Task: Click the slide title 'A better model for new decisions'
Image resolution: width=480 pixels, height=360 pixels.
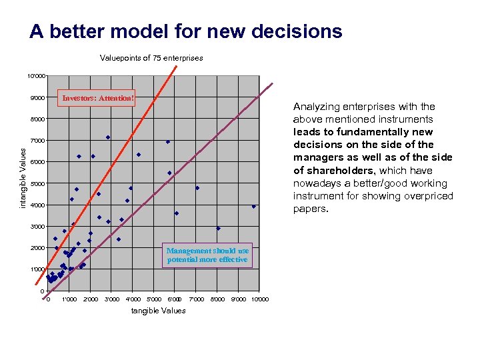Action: pyautogui.click(x=185, y=31)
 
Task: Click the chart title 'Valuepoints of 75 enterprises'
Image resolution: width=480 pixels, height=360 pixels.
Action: pyautogui.click(x=151, y=58)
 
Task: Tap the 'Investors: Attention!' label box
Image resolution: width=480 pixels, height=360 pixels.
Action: pyautogui.click(x=98, y=98)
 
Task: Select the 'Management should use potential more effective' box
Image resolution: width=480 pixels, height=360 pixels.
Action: pyautogui.click(x=208, y=255)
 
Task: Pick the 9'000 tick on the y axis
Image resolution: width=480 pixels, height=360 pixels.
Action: pyautogui.click(x=37, y=98)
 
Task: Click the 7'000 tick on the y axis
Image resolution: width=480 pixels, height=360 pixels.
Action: pyautogui.click(x=37, y=141)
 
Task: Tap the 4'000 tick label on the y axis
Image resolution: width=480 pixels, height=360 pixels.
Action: pyautogui.click(x=37, y=205)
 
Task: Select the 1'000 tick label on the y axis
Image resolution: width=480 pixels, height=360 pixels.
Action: pyautogui.click(x=37, y=269)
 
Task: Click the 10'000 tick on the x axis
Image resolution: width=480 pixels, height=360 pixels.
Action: pyautogui.click(x=260, y=299)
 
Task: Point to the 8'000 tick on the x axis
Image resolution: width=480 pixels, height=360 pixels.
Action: pyautogui.click(x=218, y=299)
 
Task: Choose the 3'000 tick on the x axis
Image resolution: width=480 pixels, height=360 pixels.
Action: pyautogui.click(x=112, y=299)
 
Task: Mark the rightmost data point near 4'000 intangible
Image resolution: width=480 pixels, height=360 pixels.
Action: pyautogui.click(x=253, y=207)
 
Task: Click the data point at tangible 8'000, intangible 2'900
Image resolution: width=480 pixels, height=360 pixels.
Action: pyautogui.click(x=218, y=229)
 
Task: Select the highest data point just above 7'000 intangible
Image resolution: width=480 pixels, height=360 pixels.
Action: pyautogui.click(x=107, y=137)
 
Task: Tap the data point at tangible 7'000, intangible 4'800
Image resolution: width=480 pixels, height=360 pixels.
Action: pyautogui.click(x=197, y=188)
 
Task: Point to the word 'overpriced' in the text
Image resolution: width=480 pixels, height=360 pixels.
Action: pyautogui.click(x=428, y=196)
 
